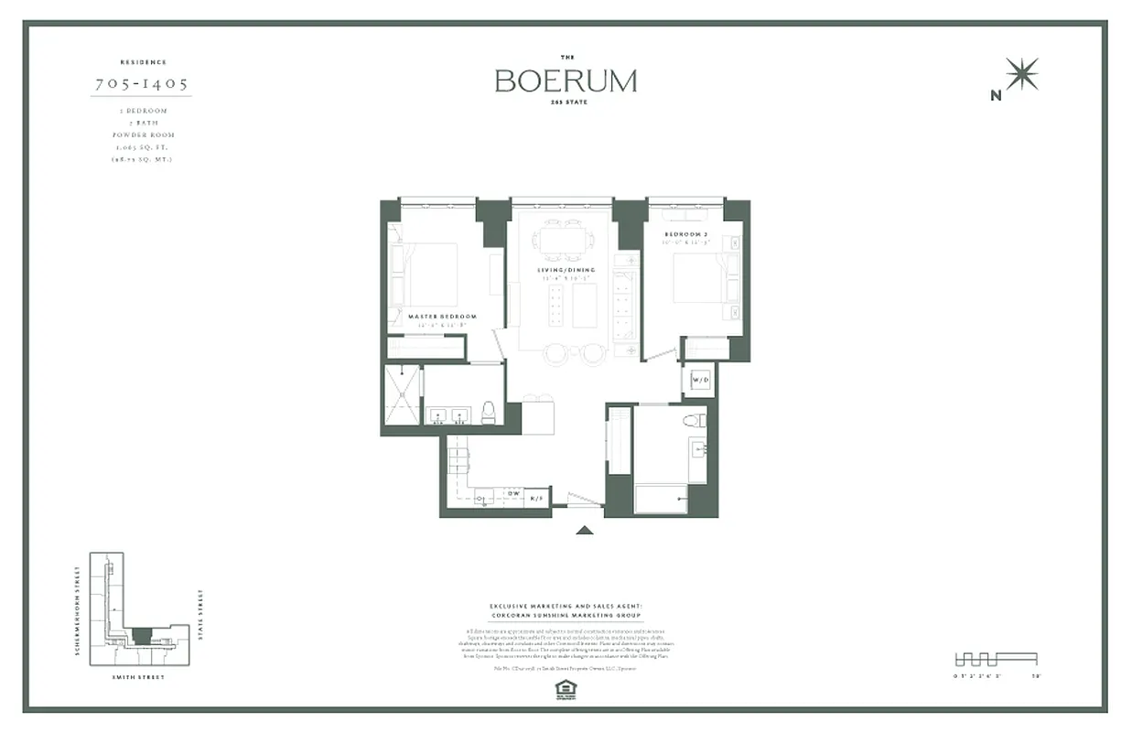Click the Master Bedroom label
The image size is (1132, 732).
pos(443,317)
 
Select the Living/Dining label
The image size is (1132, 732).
pos(567,270)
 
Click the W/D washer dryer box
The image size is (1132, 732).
pos(700,379)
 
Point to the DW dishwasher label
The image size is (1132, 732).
pos(514,493)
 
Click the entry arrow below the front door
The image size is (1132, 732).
pos(585,529)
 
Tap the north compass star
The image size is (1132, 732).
pos(1021,74)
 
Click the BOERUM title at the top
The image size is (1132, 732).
pos(566,81)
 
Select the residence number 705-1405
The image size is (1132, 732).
pos(142,84)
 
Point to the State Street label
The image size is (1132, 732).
pos(200,616)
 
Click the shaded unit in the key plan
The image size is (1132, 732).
pos(140,635)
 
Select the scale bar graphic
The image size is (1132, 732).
pos(996,658)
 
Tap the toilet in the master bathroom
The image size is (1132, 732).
pos(489,412)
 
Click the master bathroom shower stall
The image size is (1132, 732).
pos(402,394)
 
